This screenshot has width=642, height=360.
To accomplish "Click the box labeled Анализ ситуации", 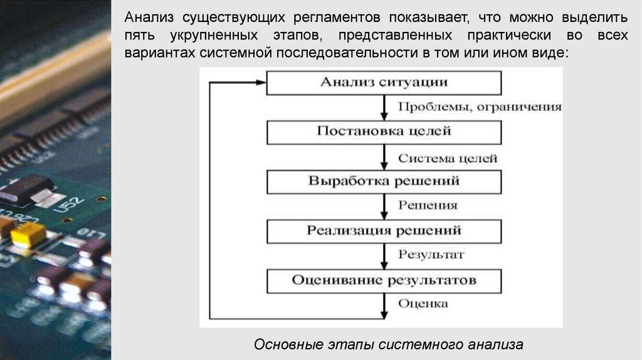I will pyautogui.click(x=384, y=82).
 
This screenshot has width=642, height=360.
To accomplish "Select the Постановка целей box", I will pyautogui.click(x=384, y=132).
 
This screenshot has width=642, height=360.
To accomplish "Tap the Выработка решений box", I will pyautogui.click(x=384, y=181).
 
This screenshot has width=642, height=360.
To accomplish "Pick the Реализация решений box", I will pyautogui.click(x=384, y=230).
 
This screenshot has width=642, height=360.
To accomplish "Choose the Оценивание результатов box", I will pyautogui.click(x=384, y=280).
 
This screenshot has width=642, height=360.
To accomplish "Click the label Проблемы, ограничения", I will pyautogui.click(x=480, y=107).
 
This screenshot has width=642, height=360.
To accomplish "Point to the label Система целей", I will pyautogui.click(x=448, y=158).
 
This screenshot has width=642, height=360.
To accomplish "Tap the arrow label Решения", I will pyautogui.click(x=428, y=205).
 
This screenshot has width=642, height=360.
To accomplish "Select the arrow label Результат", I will pyautogui.click(x=431, y=255).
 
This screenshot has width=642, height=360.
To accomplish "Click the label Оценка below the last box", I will pyautogui.click(x=423, y=304).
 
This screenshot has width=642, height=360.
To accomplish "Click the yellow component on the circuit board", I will pyautogui.click(x=28, y=235).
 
